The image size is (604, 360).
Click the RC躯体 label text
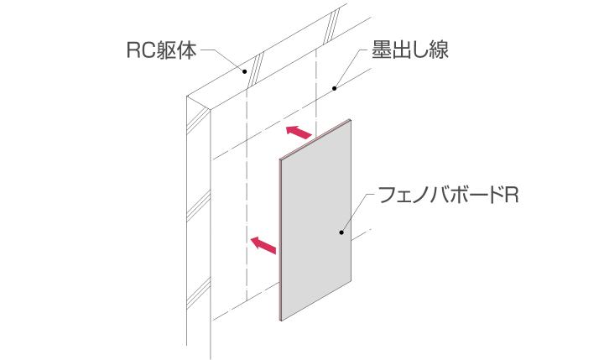161,50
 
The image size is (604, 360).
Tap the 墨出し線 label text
410,50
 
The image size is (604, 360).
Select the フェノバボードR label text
448,195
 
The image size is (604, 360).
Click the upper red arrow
299,133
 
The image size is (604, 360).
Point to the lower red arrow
263,245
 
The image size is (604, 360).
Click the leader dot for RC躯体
244,71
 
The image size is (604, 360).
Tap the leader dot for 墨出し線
335,89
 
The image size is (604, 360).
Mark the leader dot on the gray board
341,232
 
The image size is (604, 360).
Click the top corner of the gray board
350,119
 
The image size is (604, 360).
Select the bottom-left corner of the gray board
281,321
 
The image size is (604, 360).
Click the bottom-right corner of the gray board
351,280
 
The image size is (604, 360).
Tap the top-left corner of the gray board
280,159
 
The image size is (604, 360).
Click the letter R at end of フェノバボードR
512,195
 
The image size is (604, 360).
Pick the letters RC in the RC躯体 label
141,50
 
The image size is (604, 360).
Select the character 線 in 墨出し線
439,50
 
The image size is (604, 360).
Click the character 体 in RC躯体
187,50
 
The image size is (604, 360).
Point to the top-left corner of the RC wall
187,96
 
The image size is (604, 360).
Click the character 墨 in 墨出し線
381,50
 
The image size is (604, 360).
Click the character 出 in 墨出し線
401,50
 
